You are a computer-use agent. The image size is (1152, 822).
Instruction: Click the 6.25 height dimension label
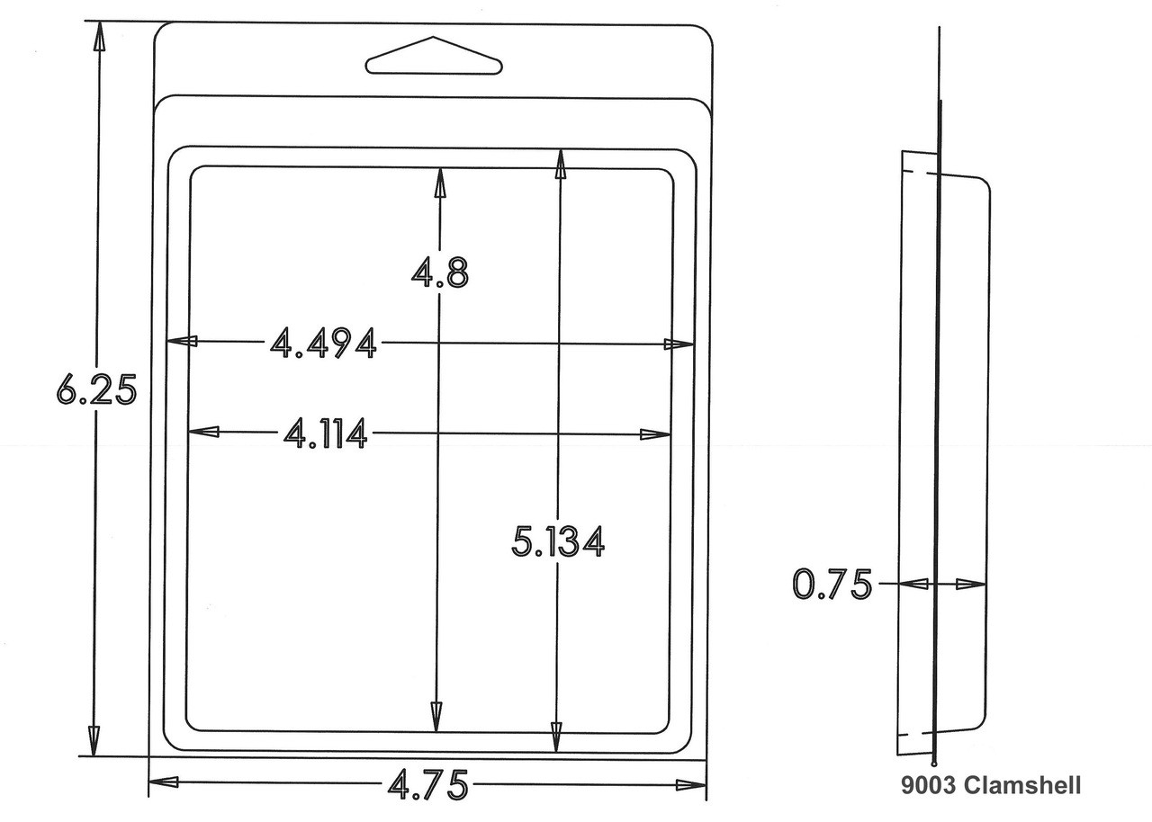(96, 389)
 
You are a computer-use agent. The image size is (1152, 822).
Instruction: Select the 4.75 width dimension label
(427, 784)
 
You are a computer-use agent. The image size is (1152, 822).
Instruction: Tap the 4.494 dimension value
(323, 343)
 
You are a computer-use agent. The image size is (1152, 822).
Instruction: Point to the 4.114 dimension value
(326, 433)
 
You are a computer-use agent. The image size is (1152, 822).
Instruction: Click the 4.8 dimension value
(440, 273)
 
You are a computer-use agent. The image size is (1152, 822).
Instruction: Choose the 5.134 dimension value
(558, 541)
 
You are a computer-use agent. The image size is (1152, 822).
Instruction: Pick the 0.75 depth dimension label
(832, 585)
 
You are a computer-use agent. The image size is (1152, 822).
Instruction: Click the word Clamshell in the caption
(1021, 785)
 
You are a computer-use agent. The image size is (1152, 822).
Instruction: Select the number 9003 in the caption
(929, 785)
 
